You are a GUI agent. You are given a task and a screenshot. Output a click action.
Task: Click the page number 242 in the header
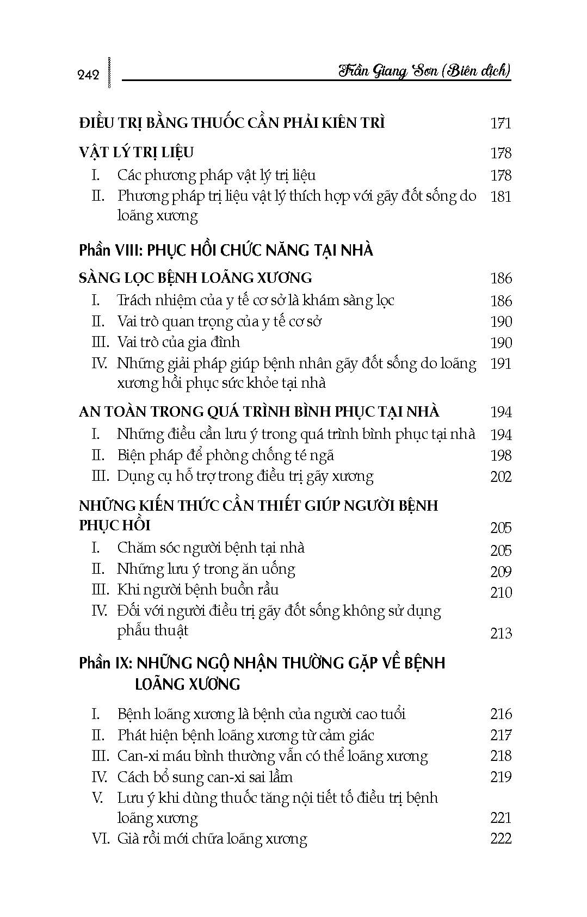point(89,75)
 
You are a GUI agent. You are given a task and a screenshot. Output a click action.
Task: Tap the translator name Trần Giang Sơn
point(388,71)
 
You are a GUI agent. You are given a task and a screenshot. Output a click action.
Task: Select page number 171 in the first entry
point(501,123)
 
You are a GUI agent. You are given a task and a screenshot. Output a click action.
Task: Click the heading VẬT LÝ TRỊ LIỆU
point(136,152)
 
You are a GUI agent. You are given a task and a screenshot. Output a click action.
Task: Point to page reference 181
point(501,196)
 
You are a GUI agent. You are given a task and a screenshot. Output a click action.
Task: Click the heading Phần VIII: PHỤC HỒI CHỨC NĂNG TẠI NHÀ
point(226,250)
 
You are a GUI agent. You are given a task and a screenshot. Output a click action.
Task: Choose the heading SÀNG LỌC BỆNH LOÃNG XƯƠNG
point(195,278)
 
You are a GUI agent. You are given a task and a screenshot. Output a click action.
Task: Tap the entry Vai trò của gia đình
point(178,342)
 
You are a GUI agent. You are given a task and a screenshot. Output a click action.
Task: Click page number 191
point(501,363)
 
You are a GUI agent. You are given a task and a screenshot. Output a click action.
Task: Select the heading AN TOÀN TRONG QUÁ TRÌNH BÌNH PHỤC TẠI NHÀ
point(259,412)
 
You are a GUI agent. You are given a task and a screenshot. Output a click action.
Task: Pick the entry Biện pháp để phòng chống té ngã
point(225,455)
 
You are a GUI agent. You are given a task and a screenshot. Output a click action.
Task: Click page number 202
point(501,477)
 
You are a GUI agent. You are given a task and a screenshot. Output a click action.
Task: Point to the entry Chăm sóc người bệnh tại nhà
point(211,548)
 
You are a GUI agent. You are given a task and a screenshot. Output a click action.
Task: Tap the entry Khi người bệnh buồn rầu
point(198,590)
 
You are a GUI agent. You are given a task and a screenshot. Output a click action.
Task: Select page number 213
point(501,633)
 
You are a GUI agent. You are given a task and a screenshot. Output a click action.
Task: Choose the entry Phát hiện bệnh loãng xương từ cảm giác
point(245,735)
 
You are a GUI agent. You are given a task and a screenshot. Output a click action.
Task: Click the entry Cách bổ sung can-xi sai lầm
point(205,777)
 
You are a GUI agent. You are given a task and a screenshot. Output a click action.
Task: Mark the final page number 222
point(501,839)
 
